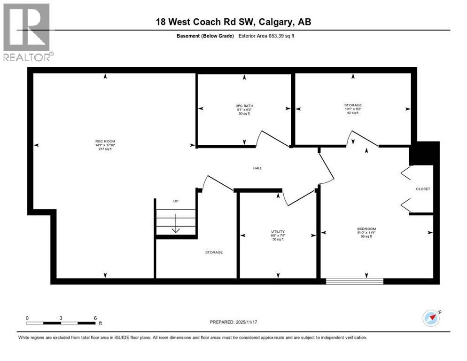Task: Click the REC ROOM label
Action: coord(106,141)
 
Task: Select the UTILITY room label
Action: coord(278,231)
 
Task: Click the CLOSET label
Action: coord(423,189)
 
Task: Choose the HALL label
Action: coord(257,168)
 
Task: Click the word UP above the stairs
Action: coord(176,201)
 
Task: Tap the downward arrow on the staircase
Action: coord(176,223)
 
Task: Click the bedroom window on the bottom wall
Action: coord(355,281)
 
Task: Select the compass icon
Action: coord(431,318)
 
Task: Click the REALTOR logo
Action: coord(27,31)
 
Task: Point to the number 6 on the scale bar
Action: coord(95,318)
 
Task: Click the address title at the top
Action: coord(233,22)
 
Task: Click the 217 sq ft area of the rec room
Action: coord(106,149)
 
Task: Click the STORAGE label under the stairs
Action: coord(214,252)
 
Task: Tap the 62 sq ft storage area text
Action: coord(352,113)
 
